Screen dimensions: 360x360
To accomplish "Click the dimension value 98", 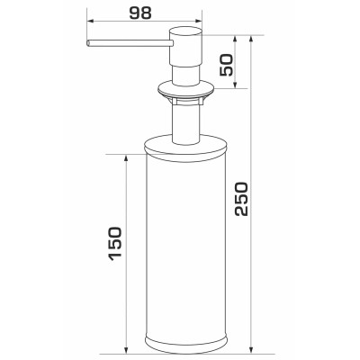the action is (x=140, y=13).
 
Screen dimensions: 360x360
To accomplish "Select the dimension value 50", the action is (x=226, y=65).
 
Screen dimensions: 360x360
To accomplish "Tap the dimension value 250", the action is (x=241, y=198).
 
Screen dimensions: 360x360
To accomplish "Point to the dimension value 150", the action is (x=115, y=244).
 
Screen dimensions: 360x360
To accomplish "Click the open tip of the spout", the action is (x=88, y=43).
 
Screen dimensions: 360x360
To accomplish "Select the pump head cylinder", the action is (x=186, y=47).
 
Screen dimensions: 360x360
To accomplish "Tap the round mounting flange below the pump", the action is (x=186, y=89).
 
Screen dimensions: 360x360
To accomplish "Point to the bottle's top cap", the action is (x=185, y=147).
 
